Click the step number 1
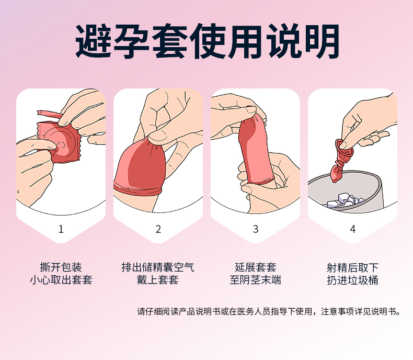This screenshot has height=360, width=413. (x=61, y=229)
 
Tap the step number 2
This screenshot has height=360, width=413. (x=158, y=229)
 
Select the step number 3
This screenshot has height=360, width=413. (x=256, y=229)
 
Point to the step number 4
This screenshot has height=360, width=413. (x=353, y=229)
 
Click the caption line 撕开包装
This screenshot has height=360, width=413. (x=61, y=267)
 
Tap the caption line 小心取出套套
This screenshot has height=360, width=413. (x=61, y=279)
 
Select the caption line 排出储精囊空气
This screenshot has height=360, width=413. (x=158, y=267)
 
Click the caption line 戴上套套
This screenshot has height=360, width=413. (x=158, y=279)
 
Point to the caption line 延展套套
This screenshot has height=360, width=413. (x=256, y=267)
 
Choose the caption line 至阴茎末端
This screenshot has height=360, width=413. (x=256, y=279)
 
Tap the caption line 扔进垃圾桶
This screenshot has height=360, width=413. (x=353, y=280)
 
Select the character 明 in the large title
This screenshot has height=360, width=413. (x=322, y=41)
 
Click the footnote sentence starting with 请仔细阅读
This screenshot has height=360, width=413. (x=268, y=311)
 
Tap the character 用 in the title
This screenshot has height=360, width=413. (x=245, y=41)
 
